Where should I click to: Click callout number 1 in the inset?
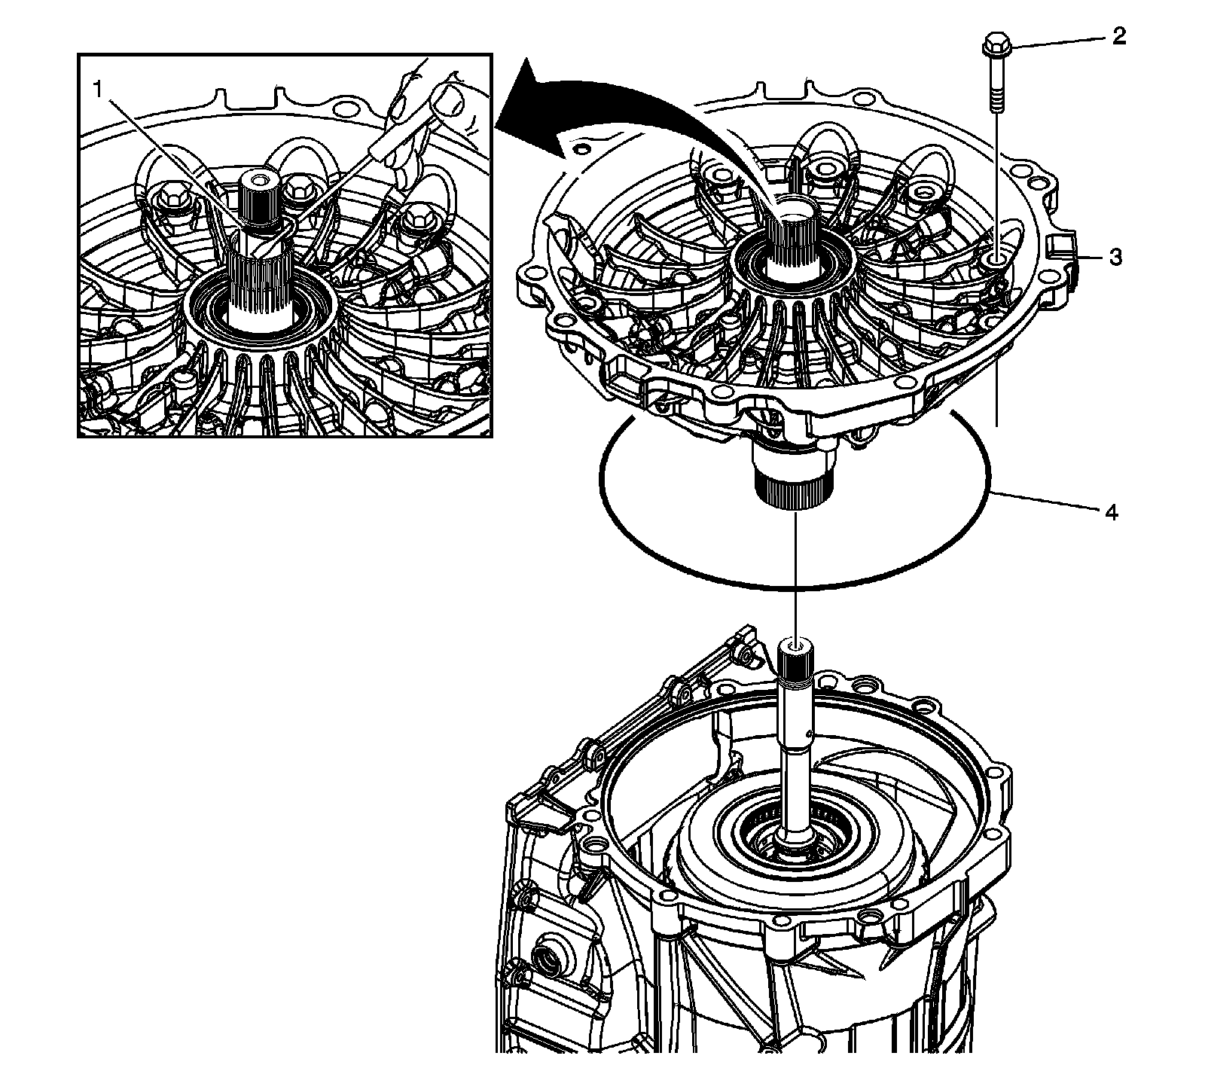pyautogui.click(x=97, y=89)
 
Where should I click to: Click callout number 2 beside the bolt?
pyautogui.click(x=1119, y=36)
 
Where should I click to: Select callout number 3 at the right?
pyautogui.click(x=1115, y=257)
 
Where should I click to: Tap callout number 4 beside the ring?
pyautogui.click(x=1111, y=513)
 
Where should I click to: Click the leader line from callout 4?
pyautogui.click(x=1047, y=502)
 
